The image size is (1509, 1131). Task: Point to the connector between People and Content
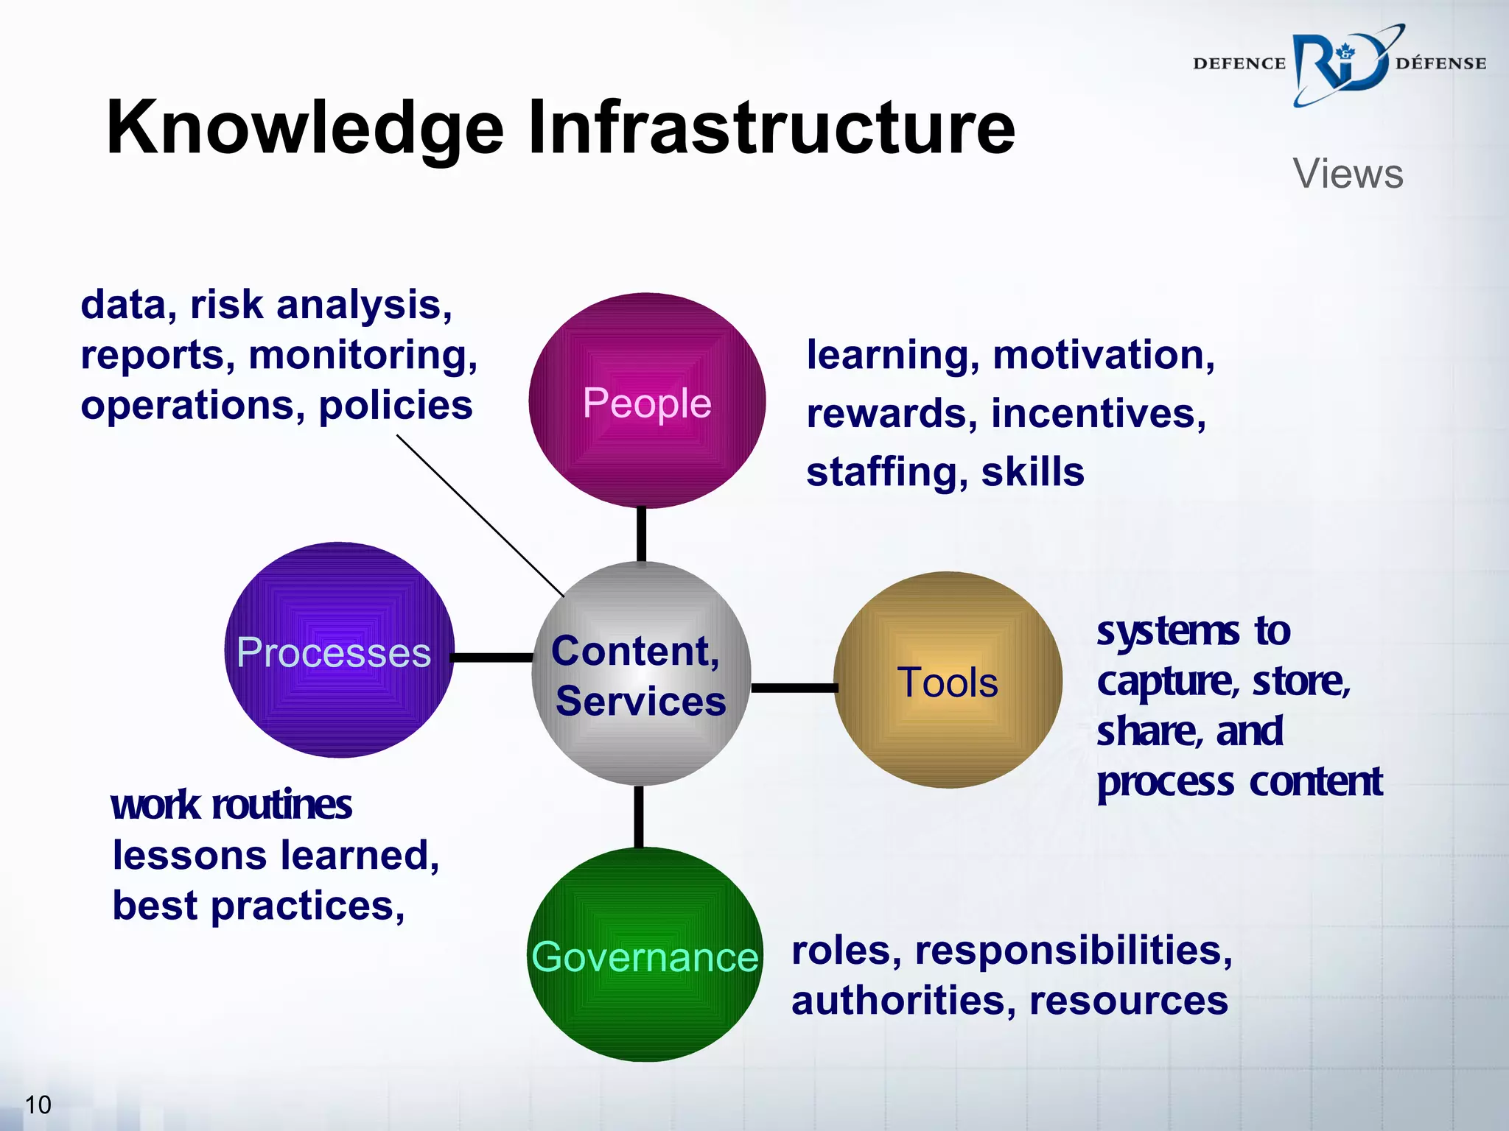[x=642, y=535]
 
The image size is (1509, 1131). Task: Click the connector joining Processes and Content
[x=492, y=657]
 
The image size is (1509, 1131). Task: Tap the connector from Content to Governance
[x=639, y=816]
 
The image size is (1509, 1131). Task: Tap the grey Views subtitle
[x=1348, y=174]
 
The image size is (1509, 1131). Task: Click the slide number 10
[x=38, y=1104]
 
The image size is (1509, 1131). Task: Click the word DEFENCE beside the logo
[x=1239, y=64]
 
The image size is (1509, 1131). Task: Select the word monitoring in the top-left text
[x=363, y=355]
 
